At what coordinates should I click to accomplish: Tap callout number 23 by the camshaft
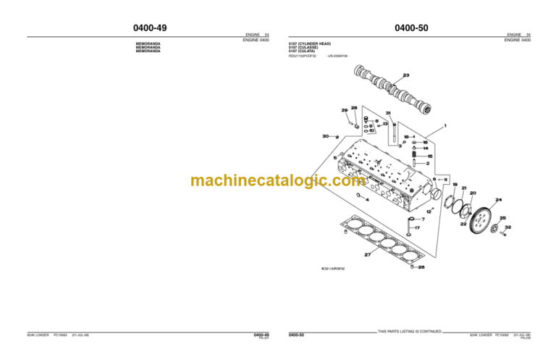coord(405,75)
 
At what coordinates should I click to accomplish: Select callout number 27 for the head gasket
coord(367,254)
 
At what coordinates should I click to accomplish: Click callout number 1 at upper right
coord(445,126)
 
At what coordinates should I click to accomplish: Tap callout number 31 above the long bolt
coord(389,113)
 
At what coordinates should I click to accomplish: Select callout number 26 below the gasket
coord(422,267)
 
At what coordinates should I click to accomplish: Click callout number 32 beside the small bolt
coord(508,227)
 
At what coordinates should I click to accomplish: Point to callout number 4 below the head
coord(367,201)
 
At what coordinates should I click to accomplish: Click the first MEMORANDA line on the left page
coord(148,44)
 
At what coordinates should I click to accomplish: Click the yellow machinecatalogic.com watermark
coord(278,181)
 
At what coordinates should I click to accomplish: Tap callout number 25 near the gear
coord(503,218)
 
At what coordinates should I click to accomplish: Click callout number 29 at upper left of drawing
coord(345,110)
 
